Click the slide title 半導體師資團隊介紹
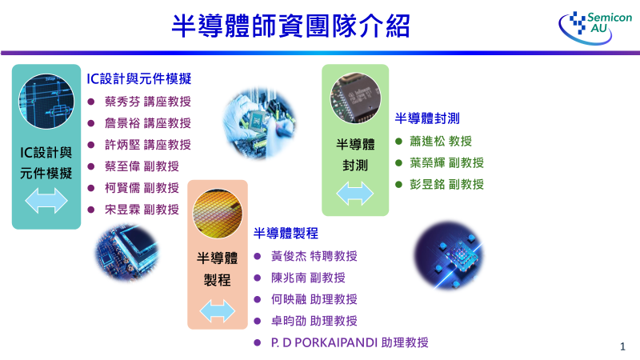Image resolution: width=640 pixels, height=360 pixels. coord(291,26)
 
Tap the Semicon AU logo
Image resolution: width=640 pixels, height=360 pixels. coord(596,26)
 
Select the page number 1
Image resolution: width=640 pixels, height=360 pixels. coord(622,346)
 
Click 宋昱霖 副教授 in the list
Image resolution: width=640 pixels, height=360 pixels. coord(142,210)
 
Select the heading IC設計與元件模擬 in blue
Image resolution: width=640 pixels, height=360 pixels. coord(139,79)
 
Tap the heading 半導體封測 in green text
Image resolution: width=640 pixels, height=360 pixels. coord(427,118)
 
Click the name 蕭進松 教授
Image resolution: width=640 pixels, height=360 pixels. coord(440,141)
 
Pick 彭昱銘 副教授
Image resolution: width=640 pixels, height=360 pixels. coord(446,184)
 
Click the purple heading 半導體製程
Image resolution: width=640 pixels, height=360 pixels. coord(286,234)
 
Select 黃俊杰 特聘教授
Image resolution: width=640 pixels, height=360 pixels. coord(314,256)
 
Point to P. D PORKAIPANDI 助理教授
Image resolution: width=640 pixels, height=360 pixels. coord(350,342)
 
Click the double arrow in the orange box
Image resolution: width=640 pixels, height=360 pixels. coord(218,311)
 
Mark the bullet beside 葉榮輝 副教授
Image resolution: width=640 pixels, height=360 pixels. coord(399,162)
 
